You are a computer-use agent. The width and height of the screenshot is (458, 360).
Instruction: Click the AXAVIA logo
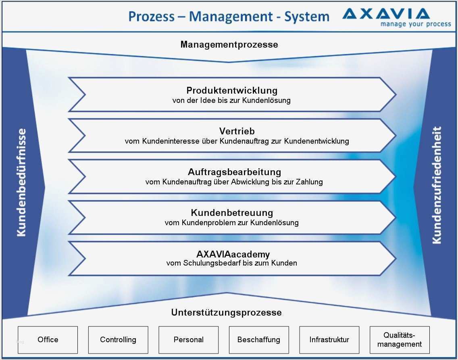click(386, 14)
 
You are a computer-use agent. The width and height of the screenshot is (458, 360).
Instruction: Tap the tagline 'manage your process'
click(416, 24)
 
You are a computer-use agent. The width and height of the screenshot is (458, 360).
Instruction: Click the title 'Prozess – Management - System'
click(229, 17)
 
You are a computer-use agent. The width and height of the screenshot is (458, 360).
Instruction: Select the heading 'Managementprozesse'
click(229, 44)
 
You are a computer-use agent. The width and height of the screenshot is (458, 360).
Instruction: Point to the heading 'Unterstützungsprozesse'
click(226, 312)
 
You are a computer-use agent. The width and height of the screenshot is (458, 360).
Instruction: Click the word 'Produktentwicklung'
click(232, 90)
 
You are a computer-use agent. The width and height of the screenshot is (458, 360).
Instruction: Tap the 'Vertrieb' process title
click(237, 131)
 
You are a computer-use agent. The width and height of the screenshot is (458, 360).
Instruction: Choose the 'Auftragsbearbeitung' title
click(234, 172)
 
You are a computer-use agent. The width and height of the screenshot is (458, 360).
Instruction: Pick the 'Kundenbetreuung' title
click(232, 213)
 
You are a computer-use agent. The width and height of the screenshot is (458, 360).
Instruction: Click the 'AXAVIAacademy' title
click(233, 254)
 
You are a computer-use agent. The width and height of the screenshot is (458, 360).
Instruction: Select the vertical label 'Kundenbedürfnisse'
click(21, 182)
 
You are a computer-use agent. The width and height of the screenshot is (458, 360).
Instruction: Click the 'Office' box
click(48, 340)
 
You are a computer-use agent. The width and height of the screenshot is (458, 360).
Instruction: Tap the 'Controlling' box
click(118, 340)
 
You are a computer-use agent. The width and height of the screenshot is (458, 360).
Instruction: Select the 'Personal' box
click(188, 340)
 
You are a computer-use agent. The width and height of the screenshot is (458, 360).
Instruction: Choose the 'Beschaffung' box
click(259, 340)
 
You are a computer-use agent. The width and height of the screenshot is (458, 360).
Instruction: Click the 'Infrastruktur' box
click(329, 340)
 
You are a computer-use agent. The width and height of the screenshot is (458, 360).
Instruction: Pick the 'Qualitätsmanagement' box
click(400, 340)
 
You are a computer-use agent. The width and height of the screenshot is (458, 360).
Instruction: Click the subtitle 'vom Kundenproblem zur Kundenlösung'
click(231, 222)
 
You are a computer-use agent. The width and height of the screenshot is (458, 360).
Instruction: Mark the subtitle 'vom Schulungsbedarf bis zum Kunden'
click(231, 263)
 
